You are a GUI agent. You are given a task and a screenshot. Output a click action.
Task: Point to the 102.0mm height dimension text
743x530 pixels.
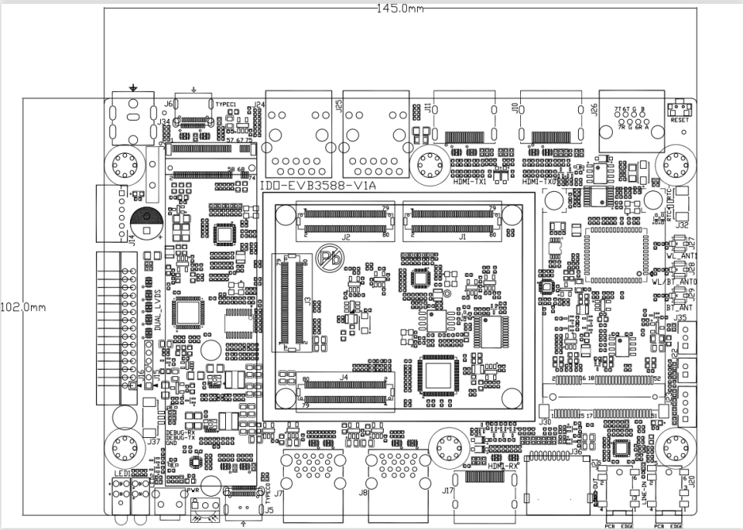pos(25,306)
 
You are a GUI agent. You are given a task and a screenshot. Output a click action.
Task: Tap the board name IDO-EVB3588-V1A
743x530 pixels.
pos(312,186)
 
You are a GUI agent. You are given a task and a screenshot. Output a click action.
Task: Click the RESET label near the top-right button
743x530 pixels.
pos(680,121)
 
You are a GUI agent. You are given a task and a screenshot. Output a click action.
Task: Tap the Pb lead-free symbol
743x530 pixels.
pos(327,257)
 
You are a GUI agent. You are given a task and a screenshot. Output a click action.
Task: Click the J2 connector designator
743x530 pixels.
pos(346,236)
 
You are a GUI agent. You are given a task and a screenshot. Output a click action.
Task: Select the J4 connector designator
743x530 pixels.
pos(344,377)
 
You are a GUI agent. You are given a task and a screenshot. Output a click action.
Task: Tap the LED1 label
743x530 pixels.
pos(121,474)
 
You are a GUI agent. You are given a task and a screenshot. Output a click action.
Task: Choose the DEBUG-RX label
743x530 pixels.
pos(180,433)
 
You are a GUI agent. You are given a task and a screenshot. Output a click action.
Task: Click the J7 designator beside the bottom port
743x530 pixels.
pos(278,494)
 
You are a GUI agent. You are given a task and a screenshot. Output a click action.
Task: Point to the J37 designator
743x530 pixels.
pos(153,441)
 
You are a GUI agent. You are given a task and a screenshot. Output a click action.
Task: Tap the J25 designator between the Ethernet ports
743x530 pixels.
pos(339,106)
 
